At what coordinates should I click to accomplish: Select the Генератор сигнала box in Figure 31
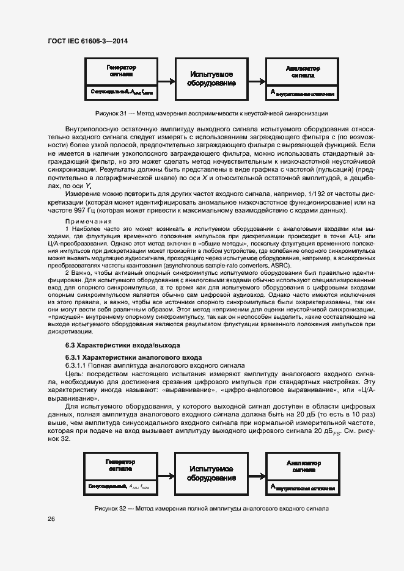(121, 79)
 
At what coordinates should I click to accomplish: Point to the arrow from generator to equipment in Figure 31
(167, 79)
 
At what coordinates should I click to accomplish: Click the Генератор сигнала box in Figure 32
(121, 473)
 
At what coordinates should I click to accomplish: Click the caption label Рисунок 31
(111, 114)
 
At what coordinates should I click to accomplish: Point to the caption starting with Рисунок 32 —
(211, 508)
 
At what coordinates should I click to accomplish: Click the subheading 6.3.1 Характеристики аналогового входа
(134, 357)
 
